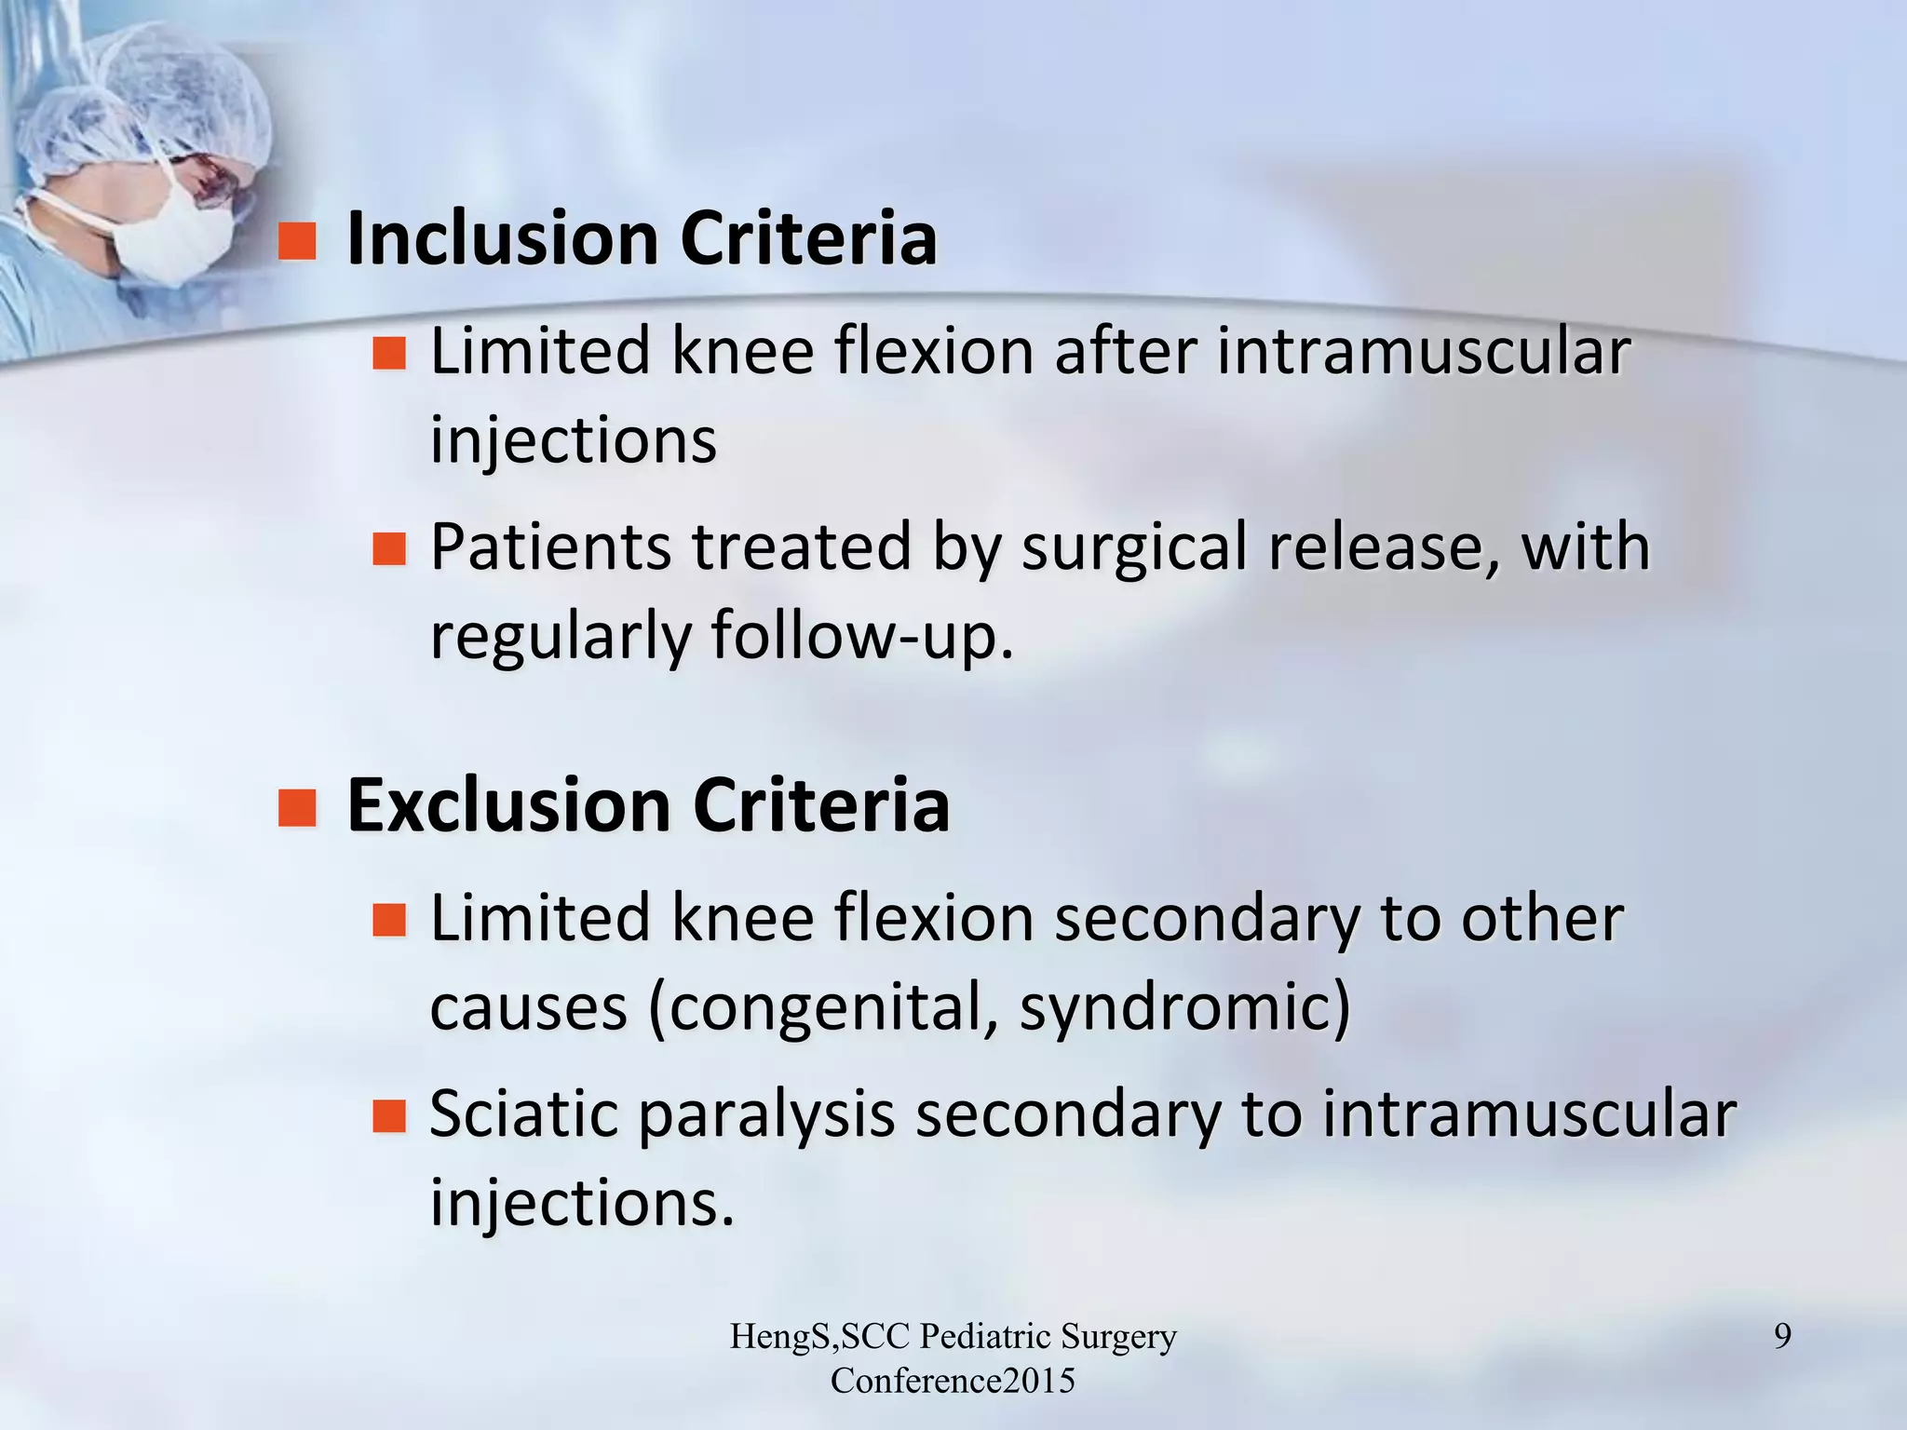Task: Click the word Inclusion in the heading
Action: tap(503, 239)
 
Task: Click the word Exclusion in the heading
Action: tap(508, 805)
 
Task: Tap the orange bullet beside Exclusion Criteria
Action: tap(298, 806)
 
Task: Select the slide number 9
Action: tap(1781, 1337)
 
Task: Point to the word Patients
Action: tap(549, 547)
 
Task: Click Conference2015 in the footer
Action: tap(953, 1381)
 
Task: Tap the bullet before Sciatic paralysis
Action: tap(389, 1115)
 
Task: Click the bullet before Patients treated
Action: tap(389, 549)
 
